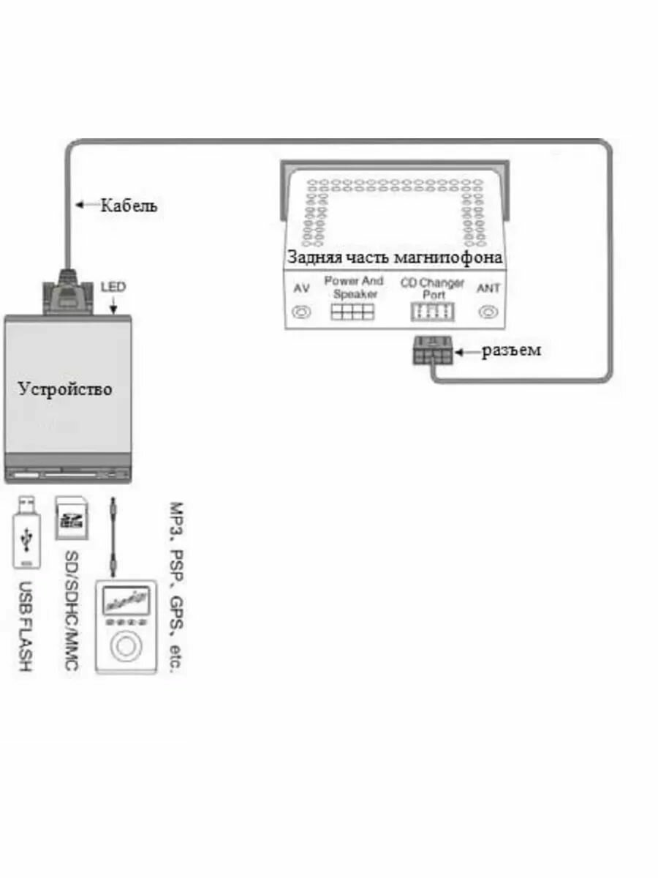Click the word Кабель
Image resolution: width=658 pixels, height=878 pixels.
point(129,206)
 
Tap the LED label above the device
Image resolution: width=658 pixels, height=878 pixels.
point(113,288)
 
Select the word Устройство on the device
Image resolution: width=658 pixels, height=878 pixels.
point(65,388)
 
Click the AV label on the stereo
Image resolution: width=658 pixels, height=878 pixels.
point(301,288)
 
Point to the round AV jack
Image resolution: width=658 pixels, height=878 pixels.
point(300,312)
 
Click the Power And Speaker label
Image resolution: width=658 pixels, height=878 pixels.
point(354,287)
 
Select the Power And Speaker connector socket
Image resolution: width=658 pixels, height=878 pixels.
point(352,312)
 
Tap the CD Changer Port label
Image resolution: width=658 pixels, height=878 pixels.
point(432,288)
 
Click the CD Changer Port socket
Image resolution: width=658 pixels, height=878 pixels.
point(431,312)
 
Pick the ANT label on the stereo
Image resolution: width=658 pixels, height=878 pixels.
point(488,288)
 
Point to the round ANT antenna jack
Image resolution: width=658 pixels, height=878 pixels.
point(488,312)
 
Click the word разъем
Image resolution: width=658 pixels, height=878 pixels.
point(511,350)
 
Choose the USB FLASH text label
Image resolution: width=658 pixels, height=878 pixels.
point(25,627)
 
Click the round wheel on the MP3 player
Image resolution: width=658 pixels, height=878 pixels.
point(126,647)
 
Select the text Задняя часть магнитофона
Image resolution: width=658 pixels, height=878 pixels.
point(395,258)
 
